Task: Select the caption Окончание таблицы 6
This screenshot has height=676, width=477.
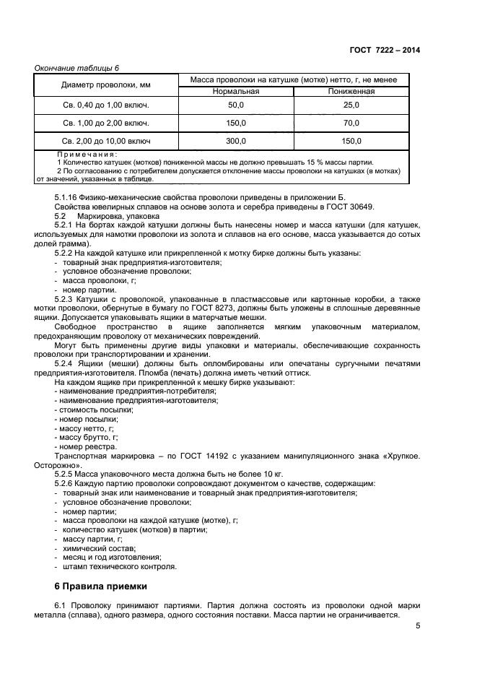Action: click(x=77, y=68)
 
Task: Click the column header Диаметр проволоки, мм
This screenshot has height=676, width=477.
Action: click(x=106, y=85)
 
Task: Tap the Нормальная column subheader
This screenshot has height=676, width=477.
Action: click(x=236, y=92)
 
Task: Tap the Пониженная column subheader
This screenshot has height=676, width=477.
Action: click(x=351, y=92)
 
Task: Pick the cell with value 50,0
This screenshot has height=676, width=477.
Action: click(x=236, y=105)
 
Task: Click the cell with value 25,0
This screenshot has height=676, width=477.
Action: click(x=351, y=105)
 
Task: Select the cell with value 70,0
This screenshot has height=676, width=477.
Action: click(x=351, y=123)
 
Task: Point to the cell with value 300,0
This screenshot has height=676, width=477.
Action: click(x=236, y=141)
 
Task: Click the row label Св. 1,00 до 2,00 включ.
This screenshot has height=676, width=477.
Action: click(x=106, y=123)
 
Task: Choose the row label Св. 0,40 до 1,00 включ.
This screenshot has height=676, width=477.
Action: click(x=106, y=105)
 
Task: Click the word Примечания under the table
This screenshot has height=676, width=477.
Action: click(x=87, y=154)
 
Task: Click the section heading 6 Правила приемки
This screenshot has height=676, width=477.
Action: click(x=101, y=586)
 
